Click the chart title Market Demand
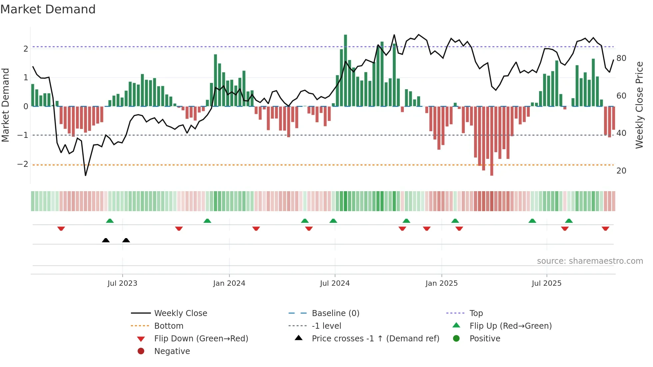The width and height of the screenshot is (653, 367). [48, 9]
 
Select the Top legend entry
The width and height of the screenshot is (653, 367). [476, 313]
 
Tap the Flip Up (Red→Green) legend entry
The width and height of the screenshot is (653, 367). [510, 326]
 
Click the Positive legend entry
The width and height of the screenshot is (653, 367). [485, 338]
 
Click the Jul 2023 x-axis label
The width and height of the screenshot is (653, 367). [122, 283]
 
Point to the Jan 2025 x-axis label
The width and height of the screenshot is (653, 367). [441, 283]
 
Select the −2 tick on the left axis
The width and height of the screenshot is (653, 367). [23, 164]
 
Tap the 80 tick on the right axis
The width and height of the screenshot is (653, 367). [621, 58]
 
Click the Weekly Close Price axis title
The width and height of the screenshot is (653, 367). [639, 105]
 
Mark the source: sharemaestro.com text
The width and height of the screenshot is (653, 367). [590, 261]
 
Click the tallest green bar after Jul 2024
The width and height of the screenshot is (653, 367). [345, 70]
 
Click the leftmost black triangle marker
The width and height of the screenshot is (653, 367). [106, 240]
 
